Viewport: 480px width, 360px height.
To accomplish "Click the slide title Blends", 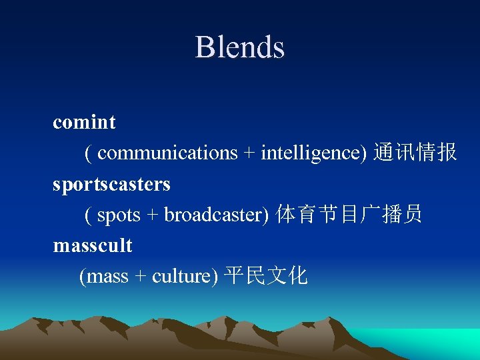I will pyautogui.click(x=240, y=47).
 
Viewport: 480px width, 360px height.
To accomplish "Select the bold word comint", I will pyautogui.click(x=84, y=123).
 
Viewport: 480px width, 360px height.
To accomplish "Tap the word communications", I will pyautogui.click(x=167, y=153).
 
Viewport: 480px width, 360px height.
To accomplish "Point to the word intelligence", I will pyautogui.click(x=313, y=153).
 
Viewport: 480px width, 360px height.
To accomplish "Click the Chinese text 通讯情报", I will pyautogui.click(x=415, y=153).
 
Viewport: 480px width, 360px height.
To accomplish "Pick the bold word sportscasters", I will pyautogui.click(x=111, y=184).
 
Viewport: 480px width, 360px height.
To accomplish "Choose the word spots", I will pyautogui.click(x=119, y=215).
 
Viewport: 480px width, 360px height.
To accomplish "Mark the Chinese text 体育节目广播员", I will pyautogui.click(x=349, y=215).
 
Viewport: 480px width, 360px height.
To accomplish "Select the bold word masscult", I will pyautogui.click(x=93, y=246).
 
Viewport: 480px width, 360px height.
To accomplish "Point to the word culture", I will pyautogui.click(x=182, y=277).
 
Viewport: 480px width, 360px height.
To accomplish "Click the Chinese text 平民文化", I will pyautogui.click(x=266, y=276).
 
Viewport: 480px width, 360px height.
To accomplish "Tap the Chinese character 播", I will pyautogui.click(x=392, y=215).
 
